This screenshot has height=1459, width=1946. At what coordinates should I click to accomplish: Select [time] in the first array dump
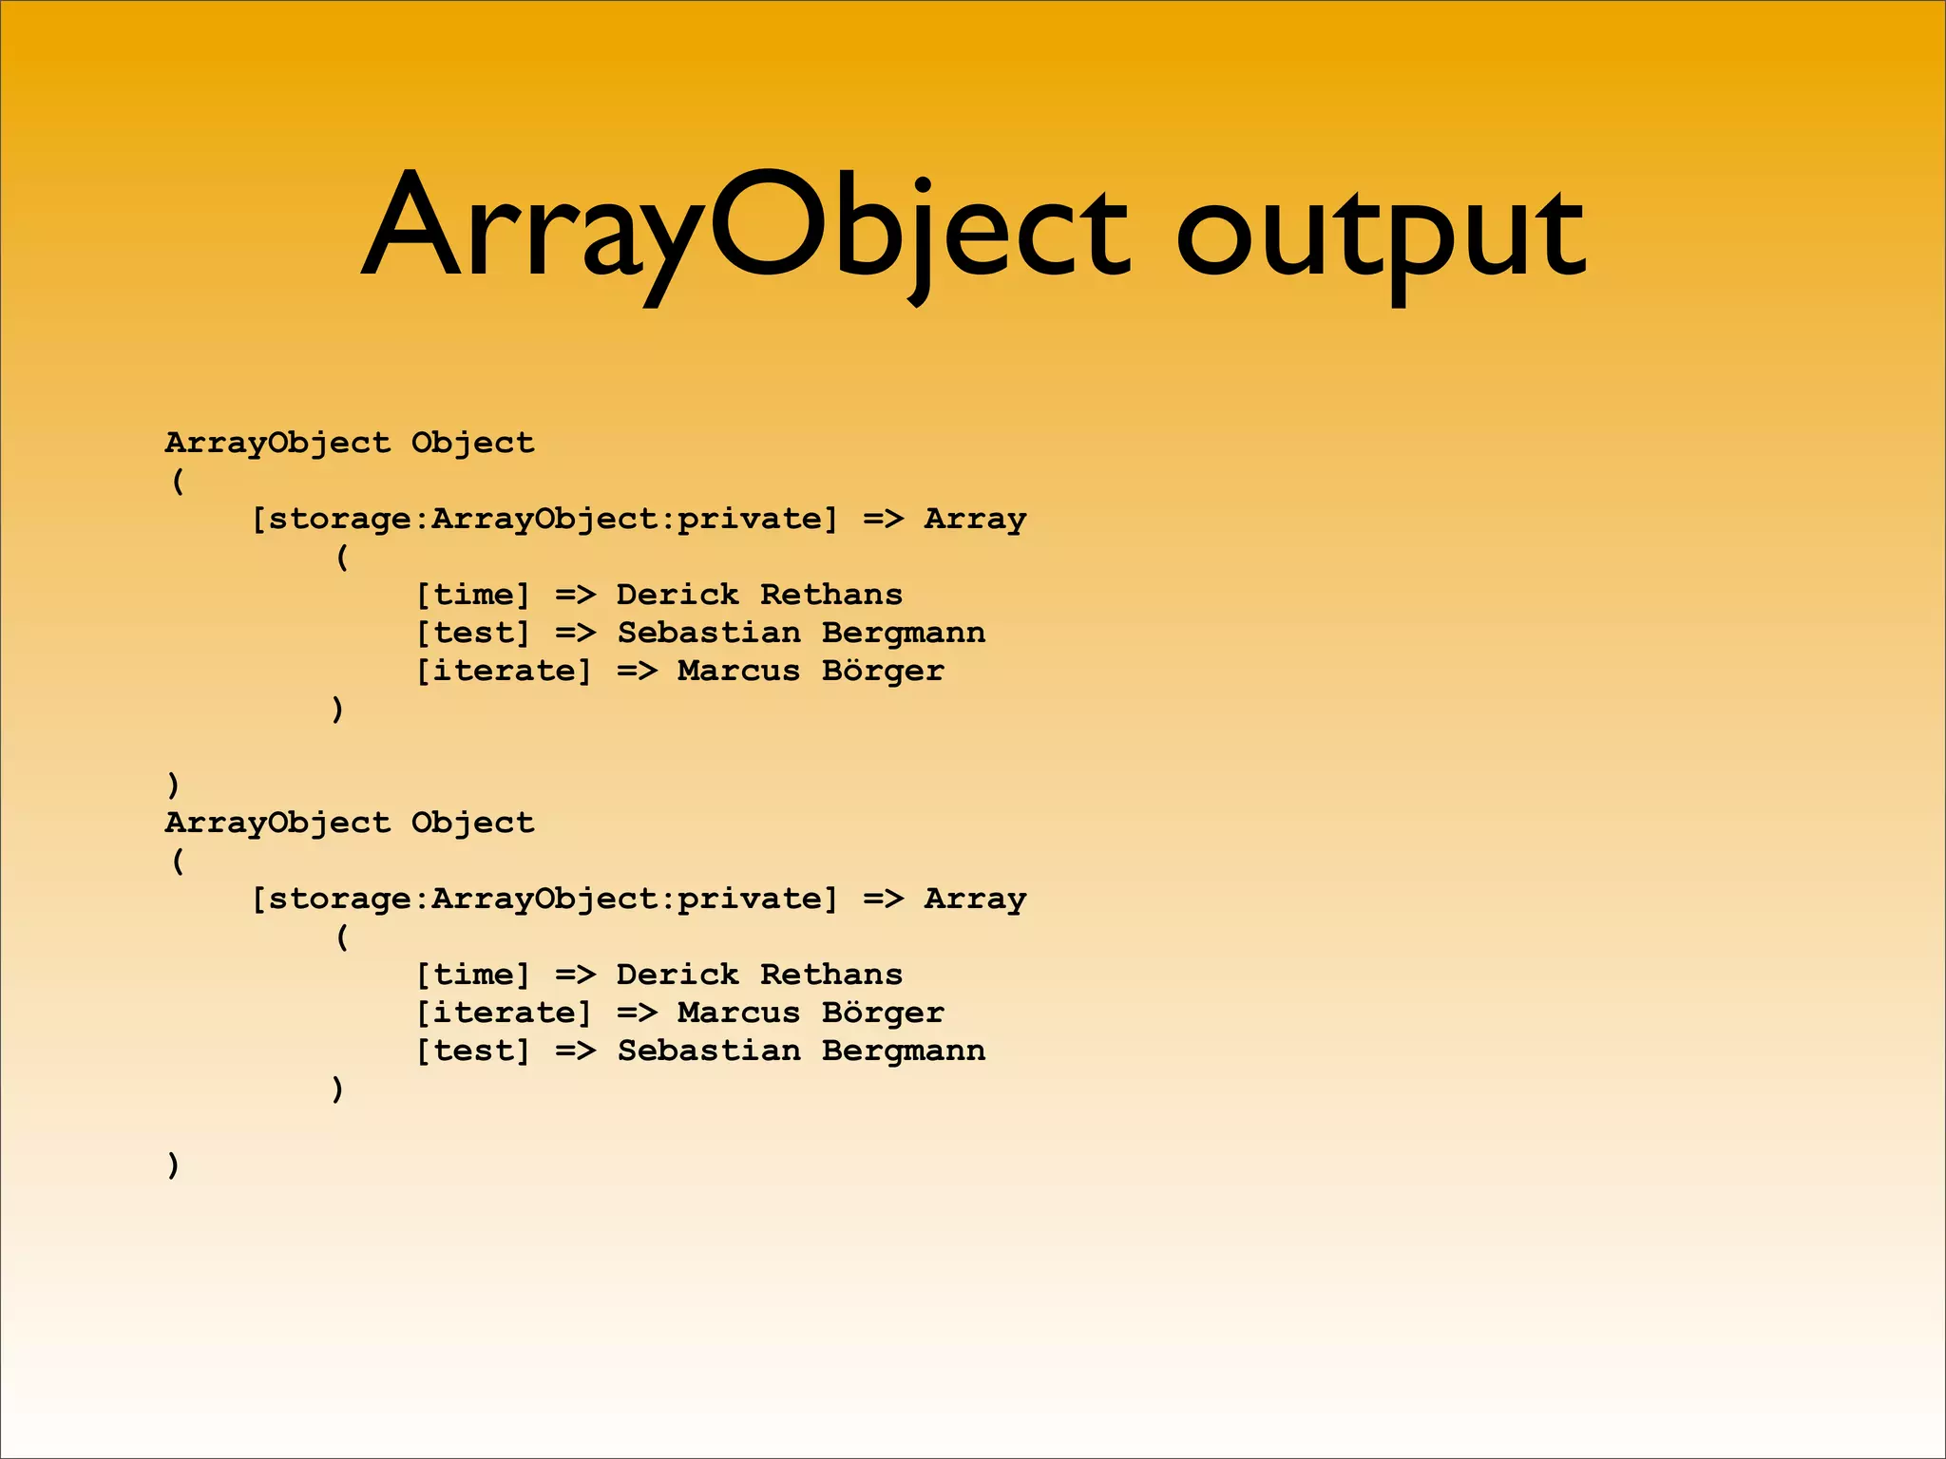tap(473, 596)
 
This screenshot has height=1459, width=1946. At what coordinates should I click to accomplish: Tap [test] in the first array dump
tap(473, 634)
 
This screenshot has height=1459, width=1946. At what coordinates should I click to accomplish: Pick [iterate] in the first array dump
tap(504, 672)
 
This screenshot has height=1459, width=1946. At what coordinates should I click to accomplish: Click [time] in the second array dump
tap(473, 976)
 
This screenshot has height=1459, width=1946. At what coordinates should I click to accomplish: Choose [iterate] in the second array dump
tap(504, 1014)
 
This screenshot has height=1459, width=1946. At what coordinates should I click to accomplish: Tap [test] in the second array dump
tap(473, 1052)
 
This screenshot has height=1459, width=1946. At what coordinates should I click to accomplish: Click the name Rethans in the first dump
tap(831, 596)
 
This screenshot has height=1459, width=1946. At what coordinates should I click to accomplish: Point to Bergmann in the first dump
tap(904, 634)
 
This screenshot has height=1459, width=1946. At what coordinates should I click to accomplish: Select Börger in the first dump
tap(883, 672)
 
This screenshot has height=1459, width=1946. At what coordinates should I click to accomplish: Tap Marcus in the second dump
tap(738, 1014)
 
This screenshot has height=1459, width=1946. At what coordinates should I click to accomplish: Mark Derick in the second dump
tap(677, 976)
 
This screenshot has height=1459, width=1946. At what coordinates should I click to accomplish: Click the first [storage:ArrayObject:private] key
tap(544, 520)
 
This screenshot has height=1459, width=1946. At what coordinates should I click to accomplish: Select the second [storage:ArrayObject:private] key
tap(544, 900)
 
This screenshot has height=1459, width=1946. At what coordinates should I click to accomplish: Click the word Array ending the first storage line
tap(975, 520)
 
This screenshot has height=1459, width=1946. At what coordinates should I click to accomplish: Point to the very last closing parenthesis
tap(173, 1165)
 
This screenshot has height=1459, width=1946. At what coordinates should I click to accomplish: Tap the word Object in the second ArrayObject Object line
tap(472, 823)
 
